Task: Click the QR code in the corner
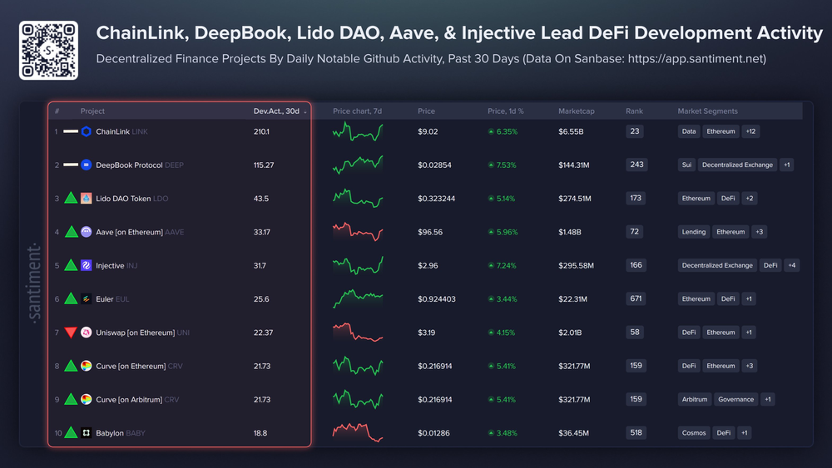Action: click(x=48, y=50)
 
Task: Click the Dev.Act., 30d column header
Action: click(x=277, y=111)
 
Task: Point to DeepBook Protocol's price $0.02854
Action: click(x=434, y=165)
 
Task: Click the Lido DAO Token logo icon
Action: click(x=87, y=199)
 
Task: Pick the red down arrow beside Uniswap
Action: click(x=71, y=333)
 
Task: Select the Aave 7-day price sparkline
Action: click(x=358, y=232)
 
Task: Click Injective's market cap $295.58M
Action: click(x=576, y=266)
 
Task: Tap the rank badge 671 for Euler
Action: click(x=636, y=299)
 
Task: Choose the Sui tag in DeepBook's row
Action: click(x=686, y=165)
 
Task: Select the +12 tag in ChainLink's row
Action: click(x=750, y=131)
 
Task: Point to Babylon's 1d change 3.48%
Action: click(x=502, y=433)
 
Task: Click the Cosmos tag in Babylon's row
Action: click(x=695, y=433)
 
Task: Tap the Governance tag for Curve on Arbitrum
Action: click(x=735, y=400)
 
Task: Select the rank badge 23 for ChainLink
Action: click(x=636, y=131)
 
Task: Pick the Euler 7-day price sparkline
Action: click(x=358, y=298)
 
